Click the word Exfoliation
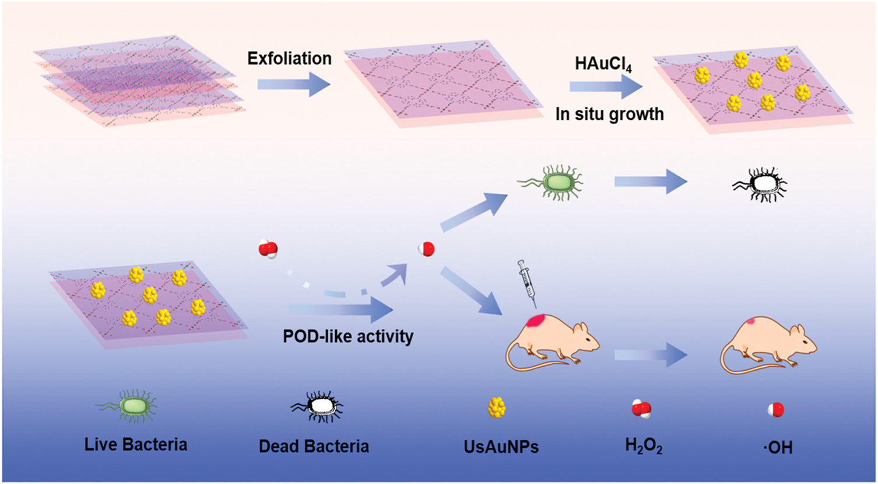289,58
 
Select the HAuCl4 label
603,63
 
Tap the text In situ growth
609,114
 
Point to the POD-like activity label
348,336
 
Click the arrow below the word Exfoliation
293,85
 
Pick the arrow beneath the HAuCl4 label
605,87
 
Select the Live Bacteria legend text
136,445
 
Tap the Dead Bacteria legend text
314,447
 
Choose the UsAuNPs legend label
501,447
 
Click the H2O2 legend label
644,447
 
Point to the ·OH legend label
778,448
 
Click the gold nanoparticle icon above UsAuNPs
497,408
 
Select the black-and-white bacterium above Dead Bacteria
317,407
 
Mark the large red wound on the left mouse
536,321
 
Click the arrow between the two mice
651,354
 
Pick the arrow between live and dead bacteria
651,182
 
